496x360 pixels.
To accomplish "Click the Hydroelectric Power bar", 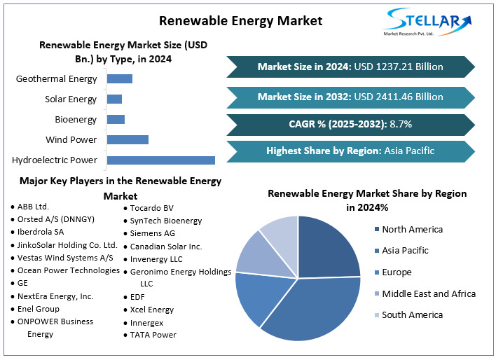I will (160, 160).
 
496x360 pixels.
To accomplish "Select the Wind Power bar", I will (128, 139).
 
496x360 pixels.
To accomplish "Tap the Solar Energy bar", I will (114, 99).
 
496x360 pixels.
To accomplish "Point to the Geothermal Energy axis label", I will (57, 79).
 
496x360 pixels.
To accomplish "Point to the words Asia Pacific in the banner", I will (409, 151).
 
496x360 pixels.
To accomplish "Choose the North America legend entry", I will (412, 229).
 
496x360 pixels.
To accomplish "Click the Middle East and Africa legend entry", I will (428, 293).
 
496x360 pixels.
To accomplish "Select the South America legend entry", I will (412, 314).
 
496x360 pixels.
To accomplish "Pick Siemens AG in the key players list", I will (152, 233).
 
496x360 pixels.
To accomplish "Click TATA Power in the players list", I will (153, 335).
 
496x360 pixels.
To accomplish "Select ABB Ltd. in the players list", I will (33, 207).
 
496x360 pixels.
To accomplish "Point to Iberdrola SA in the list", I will (40, 232).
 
